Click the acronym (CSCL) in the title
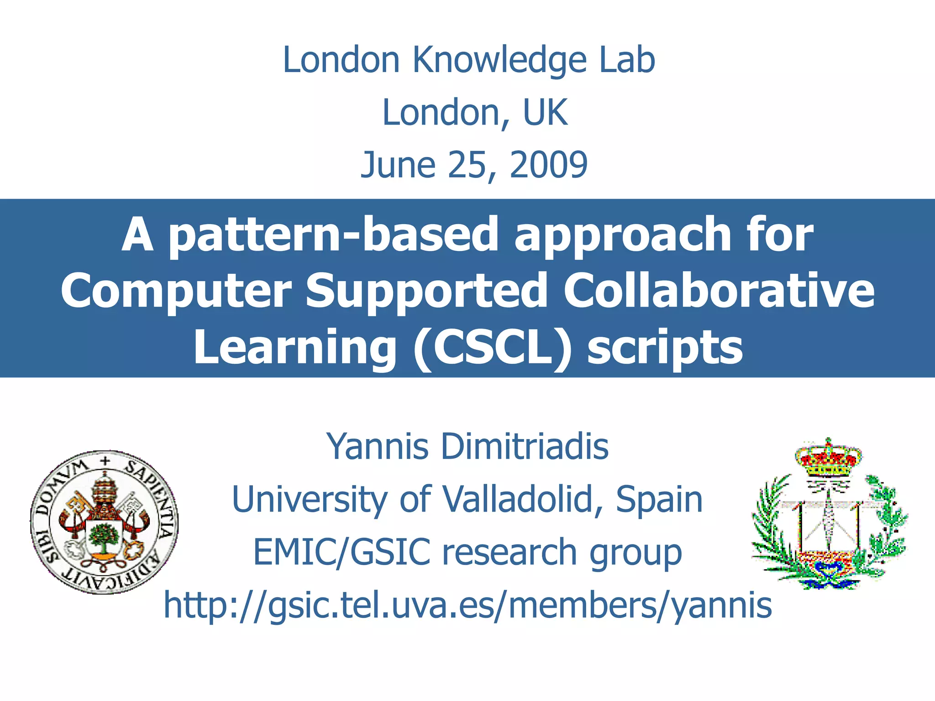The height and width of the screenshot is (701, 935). coord(492,348)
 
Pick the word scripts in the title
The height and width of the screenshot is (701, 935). coord(665,348)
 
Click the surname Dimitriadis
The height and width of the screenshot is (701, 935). coord(525,446)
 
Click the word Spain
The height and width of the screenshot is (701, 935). coord(659,499)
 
